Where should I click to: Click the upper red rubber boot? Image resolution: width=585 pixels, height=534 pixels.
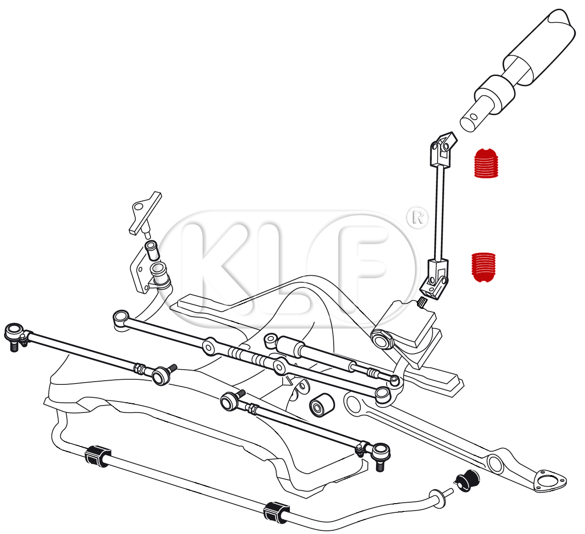pos(486,163)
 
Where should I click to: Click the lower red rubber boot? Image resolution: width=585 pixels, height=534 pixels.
pos(484,267)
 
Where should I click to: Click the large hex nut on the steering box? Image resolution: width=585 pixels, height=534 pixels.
pos(382,339)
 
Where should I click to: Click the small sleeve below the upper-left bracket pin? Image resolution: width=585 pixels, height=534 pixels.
pos(152,250)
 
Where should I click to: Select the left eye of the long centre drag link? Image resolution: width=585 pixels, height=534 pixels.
pos(121,318)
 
